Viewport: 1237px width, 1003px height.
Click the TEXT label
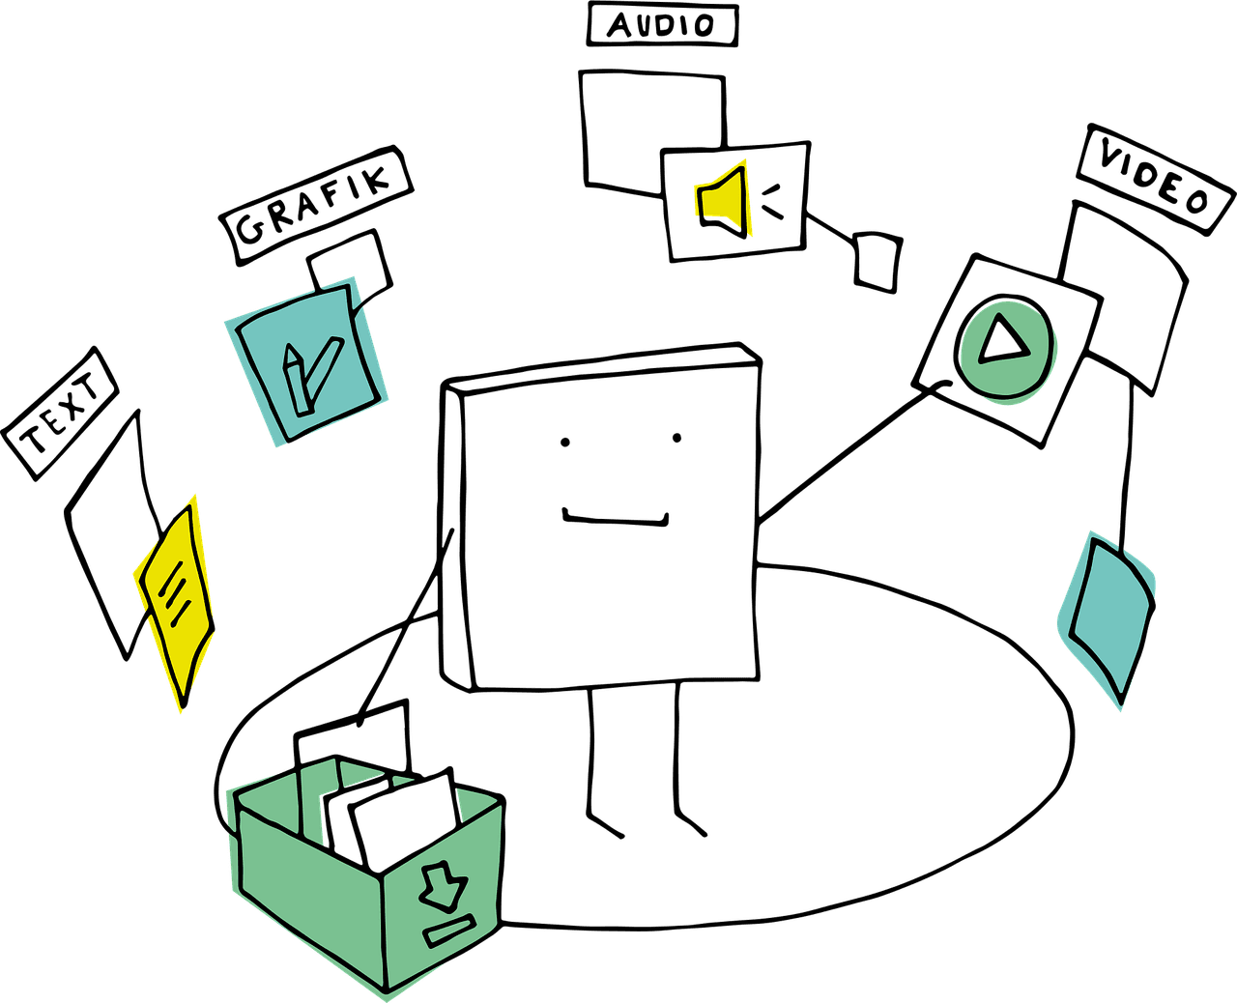pyautogui.click(x=60, y=414)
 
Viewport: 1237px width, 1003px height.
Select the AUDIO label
pyautogui.click(x=663, y=25)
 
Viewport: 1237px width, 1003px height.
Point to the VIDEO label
pyautogui.click(x=1154, y=179)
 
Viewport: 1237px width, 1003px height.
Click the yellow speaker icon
pyautogui.click(x=723, y=198)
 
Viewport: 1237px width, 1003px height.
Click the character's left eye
pyautogui.click(x=564, y=444)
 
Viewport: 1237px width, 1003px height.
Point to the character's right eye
pyautogui.click(x=676, y=440)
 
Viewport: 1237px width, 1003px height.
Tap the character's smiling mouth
pyautogui.click(x=617, y=519)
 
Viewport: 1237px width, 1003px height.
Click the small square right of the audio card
pyautogui.click(x=877, y=260)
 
